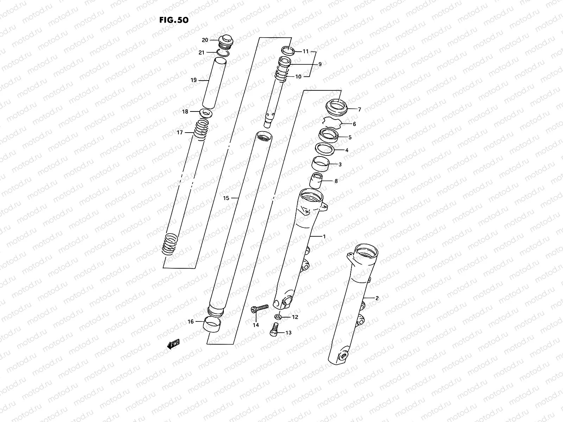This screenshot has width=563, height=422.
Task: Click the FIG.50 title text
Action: (174, 20)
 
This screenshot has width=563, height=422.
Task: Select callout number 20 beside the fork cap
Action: (205, 40)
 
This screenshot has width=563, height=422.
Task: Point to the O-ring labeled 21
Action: (223, 53)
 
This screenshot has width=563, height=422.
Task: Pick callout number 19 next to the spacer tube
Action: (194, 81)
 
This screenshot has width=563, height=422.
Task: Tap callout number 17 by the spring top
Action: (180, 133)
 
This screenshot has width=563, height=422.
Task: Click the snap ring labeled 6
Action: (332, 123)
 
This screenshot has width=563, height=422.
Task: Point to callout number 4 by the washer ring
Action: (347, 150)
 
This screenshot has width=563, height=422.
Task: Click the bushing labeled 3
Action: (321, 164)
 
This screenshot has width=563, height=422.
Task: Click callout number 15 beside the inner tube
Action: (226, 198)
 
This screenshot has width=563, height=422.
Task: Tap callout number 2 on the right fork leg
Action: (377, 298)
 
